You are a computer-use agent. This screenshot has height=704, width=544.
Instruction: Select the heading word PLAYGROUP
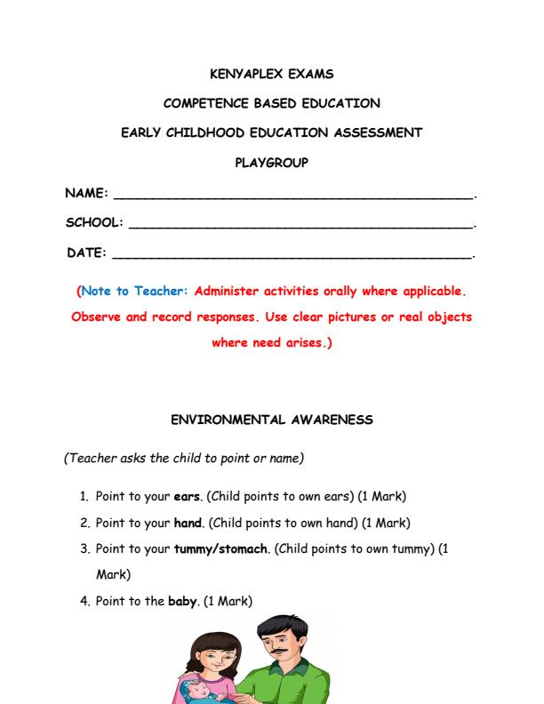pos(271,163)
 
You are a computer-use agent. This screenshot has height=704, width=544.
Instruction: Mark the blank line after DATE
pos(293,258)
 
